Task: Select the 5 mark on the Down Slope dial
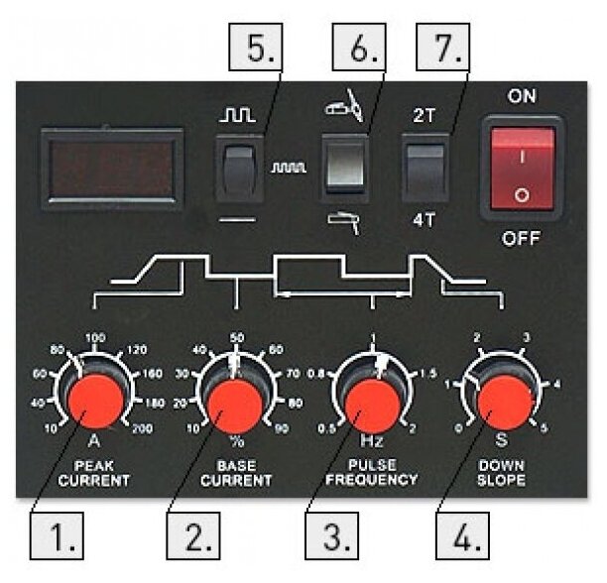545,427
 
